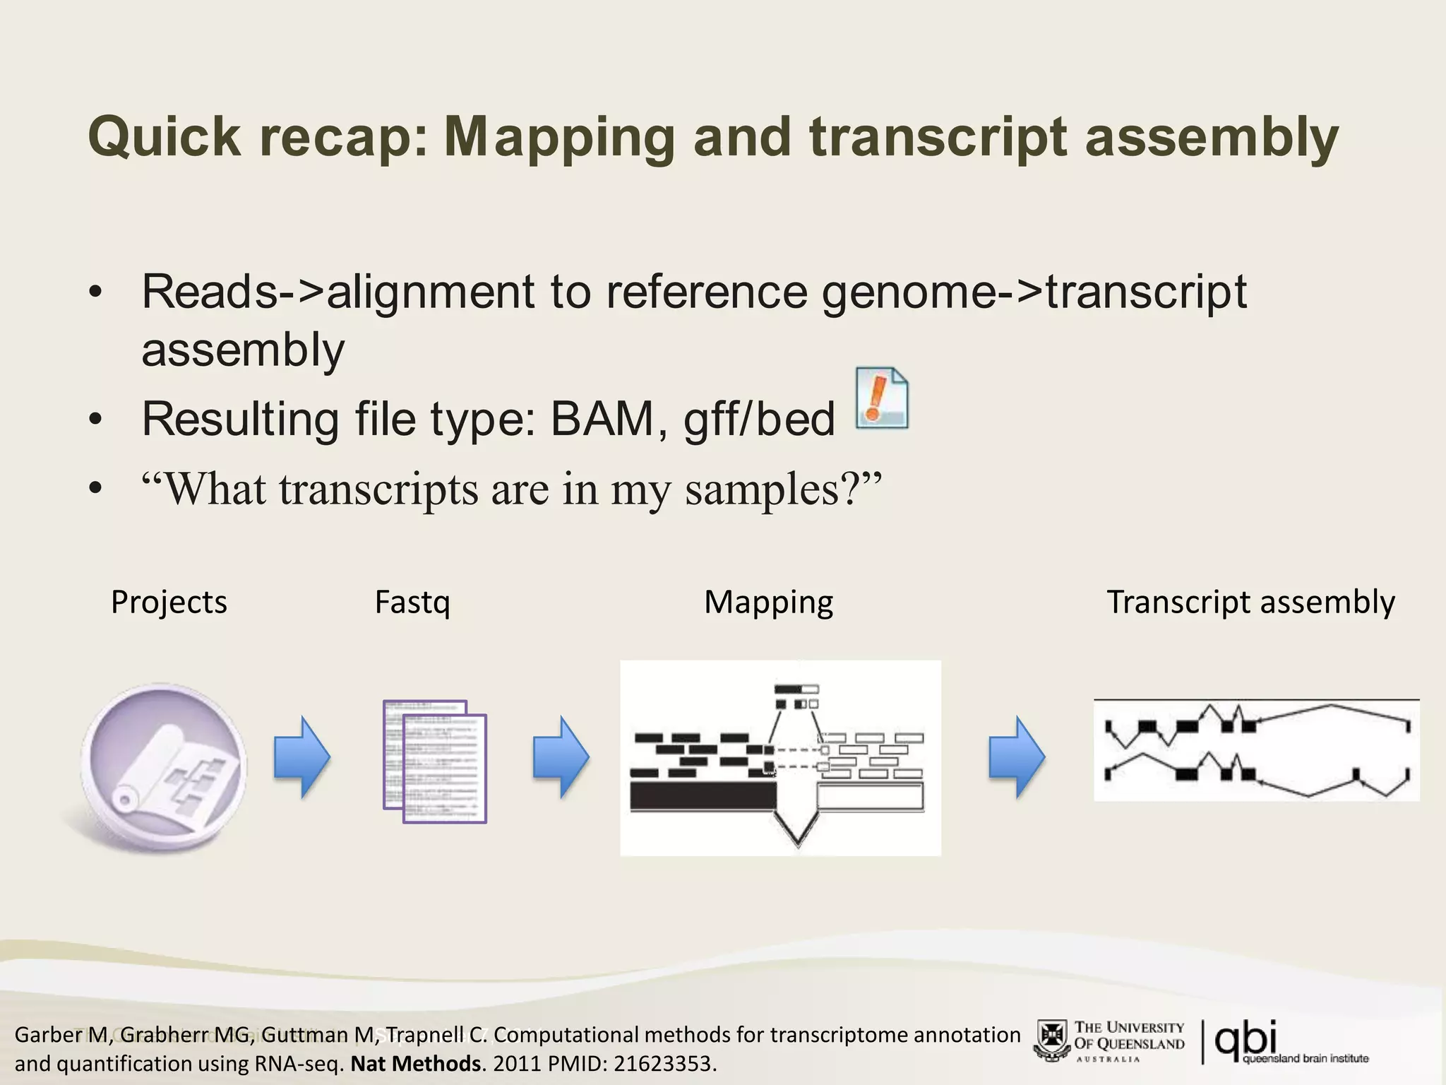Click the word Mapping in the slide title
[x=559, y=137]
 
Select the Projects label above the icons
[x=169, y=603]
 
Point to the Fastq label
[x=412, y=603]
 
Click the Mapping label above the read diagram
[x=768, y=603]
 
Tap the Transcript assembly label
[x=1250, y=603]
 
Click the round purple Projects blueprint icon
[x=164, y=766]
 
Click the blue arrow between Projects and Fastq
[x=301, y=757]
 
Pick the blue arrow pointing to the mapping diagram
[x=561, y=757]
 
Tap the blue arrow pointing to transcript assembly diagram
[x=1016, y=757]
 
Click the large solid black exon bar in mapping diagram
[x=703, y=796]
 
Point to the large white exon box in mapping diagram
[x=870, y=796]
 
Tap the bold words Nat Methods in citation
[x=416, y=1063]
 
